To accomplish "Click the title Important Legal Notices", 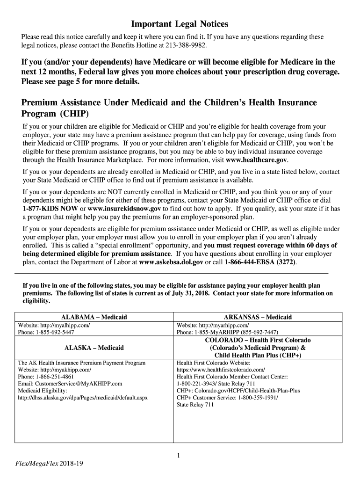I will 180,24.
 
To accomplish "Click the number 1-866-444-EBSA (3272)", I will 260,262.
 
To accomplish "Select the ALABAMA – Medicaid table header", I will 94,317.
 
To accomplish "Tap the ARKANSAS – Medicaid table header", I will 258,317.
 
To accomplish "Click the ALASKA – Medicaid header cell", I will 94,348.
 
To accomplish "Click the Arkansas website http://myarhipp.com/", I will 224,325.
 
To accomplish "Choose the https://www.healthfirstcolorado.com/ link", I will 221,370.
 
